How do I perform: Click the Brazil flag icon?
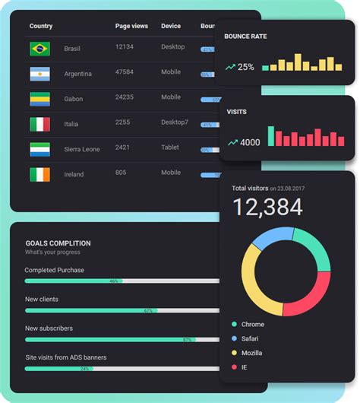click(39, 49)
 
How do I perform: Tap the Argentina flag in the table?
click(39, 75)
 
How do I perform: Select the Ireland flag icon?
click(39, 175)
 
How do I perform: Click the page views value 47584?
click(125, 72)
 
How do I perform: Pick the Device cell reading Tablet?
click(170, 148)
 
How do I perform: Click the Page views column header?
click(131, 26)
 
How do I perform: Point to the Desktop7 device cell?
click(175, 122)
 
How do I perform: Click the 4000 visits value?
click(250, 142)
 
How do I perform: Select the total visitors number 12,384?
click(267, 207)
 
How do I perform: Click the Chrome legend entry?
click(252, 325)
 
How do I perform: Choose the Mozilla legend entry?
click(252, 353)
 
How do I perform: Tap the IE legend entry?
click(245, 367)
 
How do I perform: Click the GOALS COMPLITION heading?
click(58, 243)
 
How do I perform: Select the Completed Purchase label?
click(54, 270)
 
